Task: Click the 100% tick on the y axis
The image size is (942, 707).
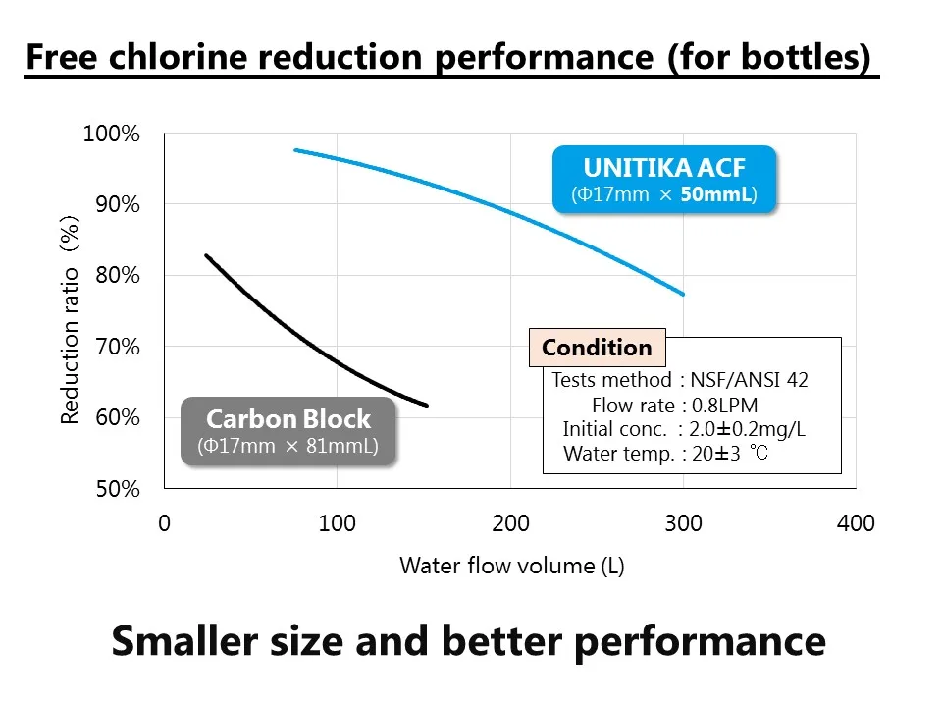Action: tap(112, 134)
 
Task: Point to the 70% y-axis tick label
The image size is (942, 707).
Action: tap(117, 347)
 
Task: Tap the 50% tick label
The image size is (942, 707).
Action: tap(117, 489)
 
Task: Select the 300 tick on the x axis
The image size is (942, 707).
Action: tap(683, 523)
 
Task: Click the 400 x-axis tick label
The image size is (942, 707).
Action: tap(856, 523)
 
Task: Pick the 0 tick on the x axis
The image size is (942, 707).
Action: tap(164, 523)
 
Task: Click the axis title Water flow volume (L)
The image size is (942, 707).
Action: tap(511, 566)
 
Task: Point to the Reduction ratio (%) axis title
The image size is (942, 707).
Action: tap(70, 320)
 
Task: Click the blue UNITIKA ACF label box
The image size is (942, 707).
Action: tap(664, 179)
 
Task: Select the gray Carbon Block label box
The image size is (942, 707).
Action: tap(288, 431)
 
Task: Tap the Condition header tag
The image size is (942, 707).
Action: tap(597, 348)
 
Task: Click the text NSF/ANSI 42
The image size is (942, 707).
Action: tap(750, 380)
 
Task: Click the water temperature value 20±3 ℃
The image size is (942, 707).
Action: tap(730, 454)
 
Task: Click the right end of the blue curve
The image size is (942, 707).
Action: tap(684, 294)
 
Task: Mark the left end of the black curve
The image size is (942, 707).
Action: tap(205, 255)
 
